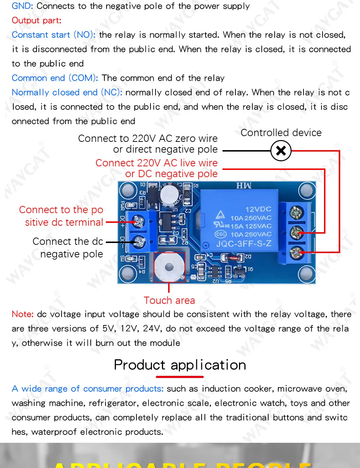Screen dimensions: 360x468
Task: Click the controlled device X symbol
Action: point(281,150)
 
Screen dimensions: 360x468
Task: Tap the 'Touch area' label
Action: point(169,300)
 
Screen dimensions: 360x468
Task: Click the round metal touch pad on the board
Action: point(169,267)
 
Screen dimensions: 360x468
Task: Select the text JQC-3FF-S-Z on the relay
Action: point(244,244)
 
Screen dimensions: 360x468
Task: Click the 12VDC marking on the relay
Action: point(258,209)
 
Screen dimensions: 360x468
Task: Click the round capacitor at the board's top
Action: point(168,195)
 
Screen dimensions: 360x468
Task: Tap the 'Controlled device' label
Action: point(281,132)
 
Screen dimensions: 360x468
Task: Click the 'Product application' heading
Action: point(180,365)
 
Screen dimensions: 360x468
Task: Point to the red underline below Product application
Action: point(180,377)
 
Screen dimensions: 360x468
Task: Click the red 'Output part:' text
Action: point(36,21)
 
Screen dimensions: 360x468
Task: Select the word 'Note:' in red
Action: point(23,314)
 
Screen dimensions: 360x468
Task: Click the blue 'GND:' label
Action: point(22,6)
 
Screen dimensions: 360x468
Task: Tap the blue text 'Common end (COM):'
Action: point(55,78)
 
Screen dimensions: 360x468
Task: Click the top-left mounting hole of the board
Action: point(128,190)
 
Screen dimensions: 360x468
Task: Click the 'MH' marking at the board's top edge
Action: point(244,186)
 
